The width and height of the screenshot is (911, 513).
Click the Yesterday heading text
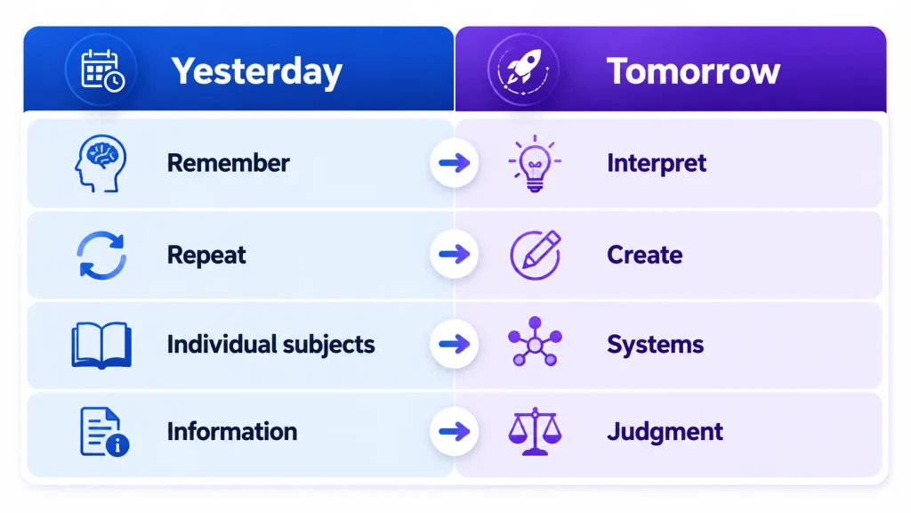click(256, 72)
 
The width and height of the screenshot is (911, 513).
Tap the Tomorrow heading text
click(693, 71)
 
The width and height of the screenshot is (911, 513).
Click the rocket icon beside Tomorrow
click(523, 70)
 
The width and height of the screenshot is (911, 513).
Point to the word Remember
click(229, 163)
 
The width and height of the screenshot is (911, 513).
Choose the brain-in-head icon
click(101, 164)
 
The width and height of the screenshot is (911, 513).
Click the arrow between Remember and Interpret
click(455, 163)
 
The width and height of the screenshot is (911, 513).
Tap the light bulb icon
click(535, 164)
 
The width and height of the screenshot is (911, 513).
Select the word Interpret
click(657, 164)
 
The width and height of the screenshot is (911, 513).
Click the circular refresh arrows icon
click(101, 256)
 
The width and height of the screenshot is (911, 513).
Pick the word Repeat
click(206, 256)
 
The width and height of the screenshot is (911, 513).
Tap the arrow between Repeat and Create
click(455, 254)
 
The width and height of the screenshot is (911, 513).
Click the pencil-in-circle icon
click(535, 255)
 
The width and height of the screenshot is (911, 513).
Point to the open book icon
click(101, 346)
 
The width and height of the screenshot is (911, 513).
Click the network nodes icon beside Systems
click(535, 342)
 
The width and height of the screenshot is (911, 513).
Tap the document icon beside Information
click(104, 432)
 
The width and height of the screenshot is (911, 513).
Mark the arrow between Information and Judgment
click(455, 432)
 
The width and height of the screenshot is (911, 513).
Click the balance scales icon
click(535, 431)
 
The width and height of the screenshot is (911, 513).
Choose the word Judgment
click(665, 432)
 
